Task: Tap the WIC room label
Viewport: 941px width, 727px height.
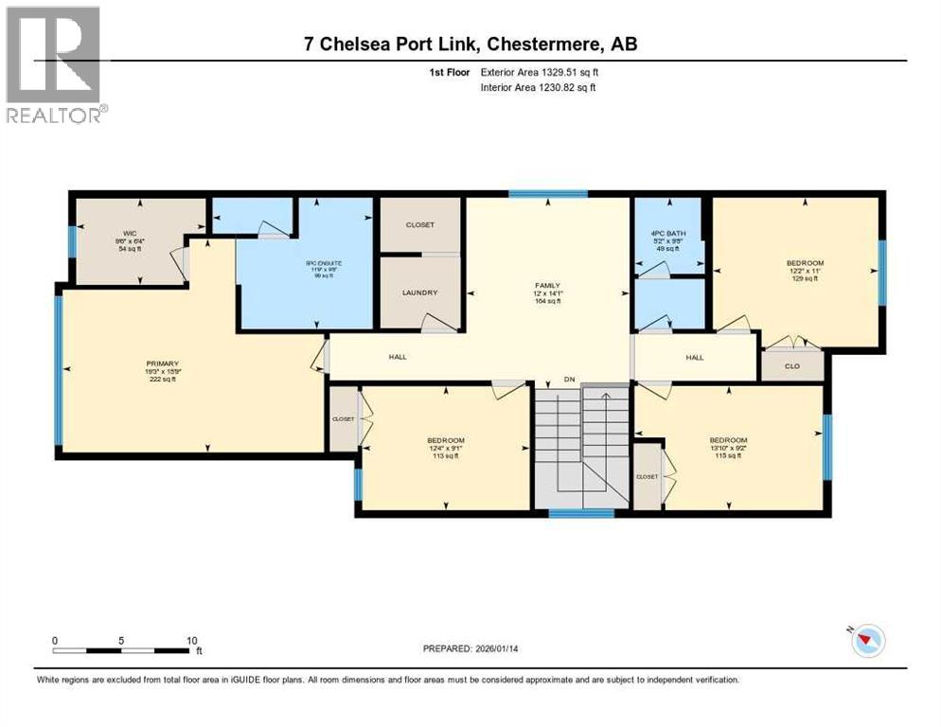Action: point(131,232)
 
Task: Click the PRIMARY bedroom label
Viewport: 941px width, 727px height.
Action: point(162,363)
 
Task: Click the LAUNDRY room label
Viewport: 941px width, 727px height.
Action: point(419,293)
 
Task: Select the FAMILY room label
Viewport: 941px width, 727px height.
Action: point(546,284)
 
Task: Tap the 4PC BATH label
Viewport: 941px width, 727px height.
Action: point(668,233)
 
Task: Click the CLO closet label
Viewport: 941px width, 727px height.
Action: point(792,365)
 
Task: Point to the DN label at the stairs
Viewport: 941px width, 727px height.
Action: point(569,379)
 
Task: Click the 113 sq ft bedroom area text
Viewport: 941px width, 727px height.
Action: point(445,455)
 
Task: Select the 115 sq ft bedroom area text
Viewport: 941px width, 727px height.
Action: point(729,455)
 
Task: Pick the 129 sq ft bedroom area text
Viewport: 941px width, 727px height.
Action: point(805,278)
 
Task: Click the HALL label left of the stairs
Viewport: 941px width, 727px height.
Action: point(397,357)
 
